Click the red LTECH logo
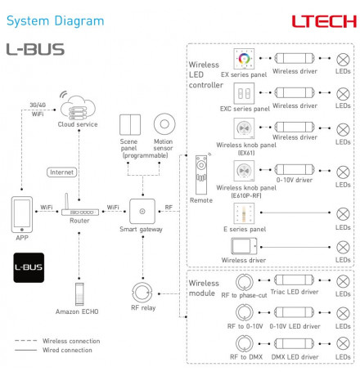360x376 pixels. [324, 21]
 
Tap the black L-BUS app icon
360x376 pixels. [29, 267]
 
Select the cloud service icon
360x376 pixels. [78, 106]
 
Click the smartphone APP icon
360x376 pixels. [22, 214]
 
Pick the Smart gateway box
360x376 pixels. [142, 211]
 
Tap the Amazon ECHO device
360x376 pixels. [79, 294]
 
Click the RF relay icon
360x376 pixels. [142, 293]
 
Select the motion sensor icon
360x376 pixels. [164, 124]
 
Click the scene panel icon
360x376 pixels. [130, 125]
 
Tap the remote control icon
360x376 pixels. [201, 174]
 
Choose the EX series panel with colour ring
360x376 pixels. [244, 59]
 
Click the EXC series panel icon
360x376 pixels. [244, 93]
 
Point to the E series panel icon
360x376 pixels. [244, 213]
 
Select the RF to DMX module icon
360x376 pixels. [245, 343]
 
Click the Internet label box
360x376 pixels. [61, 172]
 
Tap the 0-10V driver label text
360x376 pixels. [295, 180]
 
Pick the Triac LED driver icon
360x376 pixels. [295, 280]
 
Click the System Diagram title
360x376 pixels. [55, 21]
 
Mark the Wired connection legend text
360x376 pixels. [67, 350]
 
